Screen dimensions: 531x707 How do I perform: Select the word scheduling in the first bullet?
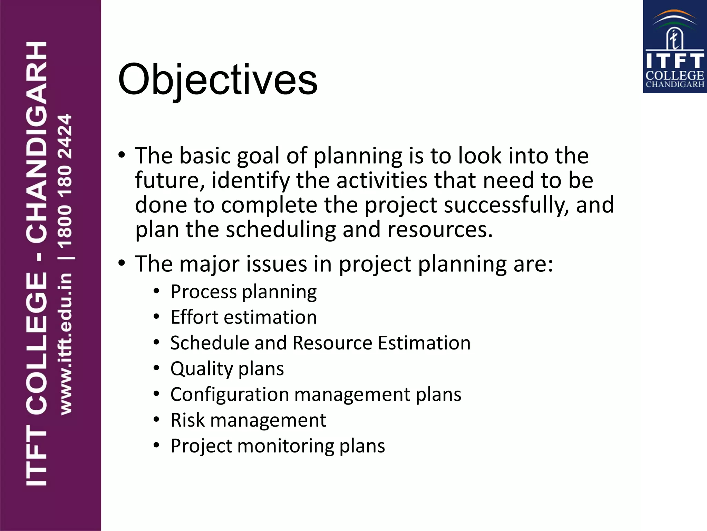[281, 230]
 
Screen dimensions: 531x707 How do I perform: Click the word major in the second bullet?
[209, 264]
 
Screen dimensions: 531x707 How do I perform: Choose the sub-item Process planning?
[243, 292]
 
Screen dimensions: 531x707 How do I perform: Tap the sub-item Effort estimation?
[243, 317]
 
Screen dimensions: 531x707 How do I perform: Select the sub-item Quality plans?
[227, 369]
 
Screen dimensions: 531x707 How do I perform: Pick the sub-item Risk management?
[248, 420]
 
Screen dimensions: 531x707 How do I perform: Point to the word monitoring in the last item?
[285, 446]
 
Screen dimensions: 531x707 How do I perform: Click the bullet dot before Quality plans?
[156, 368]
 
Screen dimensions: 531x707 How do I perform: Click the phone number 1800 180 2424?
[65, 181]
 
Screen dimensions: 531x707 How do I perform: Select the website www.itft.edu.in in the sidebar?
[66, 344]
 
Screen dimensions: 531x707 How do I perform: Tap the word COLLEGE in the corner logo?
[675, 75]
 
